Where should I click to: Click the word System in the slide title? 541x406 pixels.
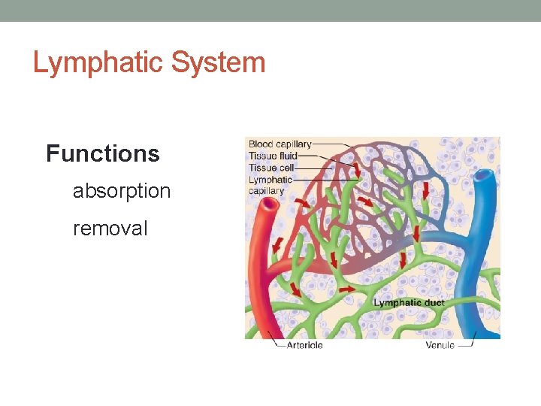tap(218, 63)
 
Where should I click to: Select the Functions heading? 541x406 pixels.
tap(103, 154)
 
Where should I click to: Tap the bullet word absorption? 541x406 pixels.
tap(122, 191)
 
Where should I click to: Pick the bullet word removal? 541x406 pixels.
tap(110, 228)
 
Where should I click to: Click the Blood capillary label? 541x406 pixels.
tap(280, 144)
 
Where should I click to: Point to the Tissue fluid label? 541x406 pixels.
tap(273, 156)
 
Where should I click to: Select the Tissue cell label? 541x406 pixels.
tap(272, 168)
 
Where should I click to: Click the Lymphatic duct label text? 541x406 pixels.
tap(409, 303)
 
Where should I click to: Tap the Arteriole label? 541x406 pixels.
tap(304, 345)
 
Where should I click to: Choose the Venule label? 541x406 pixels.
tap(440, 345)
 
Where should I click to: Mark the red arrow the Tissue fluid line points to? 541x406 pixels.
tap(356, 169)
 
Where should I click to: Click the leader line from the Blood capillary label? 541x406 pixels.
tap(331, 144)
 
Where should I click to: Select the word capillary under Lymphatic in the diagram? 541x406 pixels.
tap(267, 191)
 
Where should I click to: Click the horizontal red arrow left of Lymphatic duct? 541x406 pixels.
tap(348, 289)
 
